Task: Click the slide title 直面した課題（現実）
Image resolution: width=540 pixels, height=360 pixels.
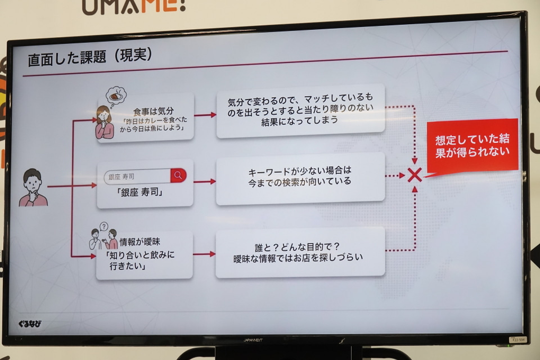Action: [x=90, y=57]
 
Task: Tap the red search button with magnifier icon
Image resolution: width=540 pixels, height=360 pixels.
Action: [x=178, y=175]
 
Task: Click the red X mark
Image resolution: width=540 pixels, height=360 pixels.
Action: [x=415, y=175]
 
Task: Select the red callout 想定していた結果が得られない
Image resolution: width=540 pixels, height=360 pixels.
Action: [x=472, y=146]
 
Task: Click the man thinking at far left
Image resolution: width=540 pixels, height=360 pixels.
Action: [x=33, y=188]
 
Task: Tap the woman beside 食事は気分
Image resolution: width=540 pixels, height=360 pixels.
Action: [x=105, y=122]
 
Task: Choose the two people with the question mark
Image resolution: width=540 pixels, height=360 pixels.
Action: [x=103, y=236]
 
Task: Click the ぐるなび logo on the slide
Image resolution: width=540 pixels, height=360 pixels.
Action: [x=30, y=323]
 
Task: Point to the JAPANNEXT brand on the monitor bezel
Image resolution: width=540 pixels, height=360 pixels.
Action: [x=253, y=340]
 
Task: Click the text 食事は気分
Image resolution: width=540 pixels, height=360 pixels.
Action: [x=153, y=111]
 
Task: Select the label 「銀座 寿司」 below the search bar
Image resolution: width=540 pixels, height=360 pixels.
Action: [x=140, y=192]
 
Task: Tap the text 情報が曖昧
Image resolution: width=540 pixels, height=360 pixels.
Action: [x=140, y=242]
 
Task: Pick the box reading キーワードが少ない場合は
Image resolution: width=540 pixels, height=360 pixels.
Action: [x=300, y=178]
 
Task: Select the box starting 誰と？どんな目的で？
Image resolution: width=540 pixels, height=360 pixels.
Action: [x=300, y=252]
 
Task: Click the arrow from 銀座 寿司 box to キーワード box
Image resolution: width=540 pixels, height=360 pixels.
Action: [x=205, y=182]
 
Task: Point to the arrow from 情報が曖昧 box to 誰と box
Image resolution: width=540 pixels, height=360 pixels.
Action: [x=204, y=254]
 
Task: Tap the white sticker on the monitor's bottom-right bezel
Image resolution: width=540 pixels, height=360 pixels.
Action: [x=518, y=340]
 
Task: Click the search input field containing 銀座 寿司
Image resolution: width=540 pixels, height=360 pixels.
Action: [x=138, y=177]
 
